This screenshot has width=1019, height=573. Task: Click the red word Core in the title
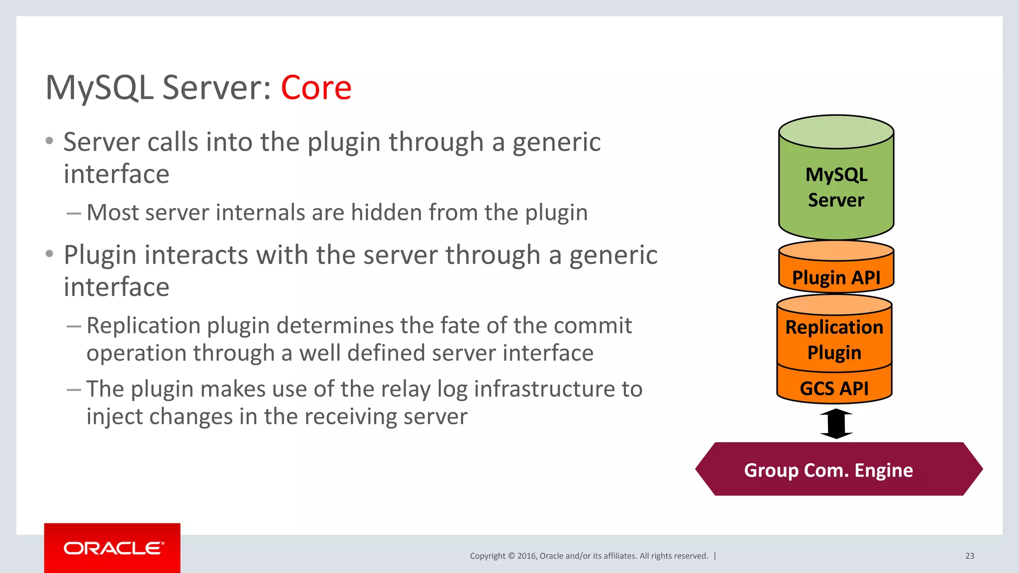316,88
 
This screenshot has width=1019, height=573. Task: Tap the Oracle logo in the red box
113,548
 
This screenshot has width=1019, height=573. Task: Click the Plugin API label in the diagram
836,278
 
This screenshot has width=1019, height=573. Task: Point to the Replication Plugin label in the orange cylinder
834,340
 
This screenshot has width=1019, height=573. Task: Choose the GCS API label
834,388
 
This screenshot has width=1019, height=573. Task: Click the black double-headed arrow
836,424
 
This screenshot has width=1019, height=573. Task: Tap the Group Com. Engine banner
828,470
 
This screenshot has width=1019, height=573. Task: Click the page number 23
969,556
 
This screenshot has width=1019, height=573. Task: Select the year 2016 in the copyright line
526,556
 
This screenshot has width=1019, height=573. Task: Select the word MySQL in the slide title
99,88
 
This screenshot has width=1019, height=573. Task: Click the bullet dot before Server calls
49,141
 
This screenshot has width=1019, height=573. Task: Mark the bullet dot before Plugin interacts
49,254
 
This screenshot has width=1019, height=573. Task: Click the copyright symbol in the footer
511,556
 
